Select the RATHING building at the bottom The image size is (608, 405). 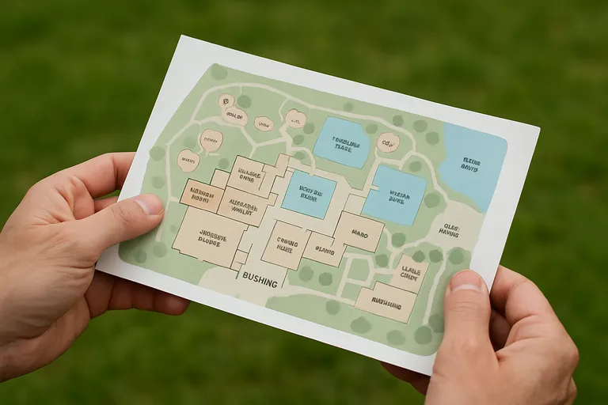pyautogui.click(x=386, y=304)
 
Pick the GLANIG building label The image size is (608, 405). pyautogui.click(x=325, y=250)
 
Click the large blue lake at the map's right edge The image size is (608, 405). pyautogui.click(x=473, y=162)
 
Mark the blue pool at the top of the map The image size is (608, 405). pyautogui.click(x=342, y=143)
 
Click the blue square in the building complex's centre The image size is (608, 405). pyautogui.click(x=308, y=194)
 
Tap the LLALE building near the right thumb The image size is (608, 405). pyautogui.click(x=410, y=274)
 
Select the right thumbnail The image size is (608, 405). pyautogui.click(x=467, y=282)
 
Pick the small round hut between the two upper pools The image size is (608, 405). pyautogui.click(x=387, y=143)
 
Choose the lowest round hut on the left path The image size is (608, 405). pyautogui.click(x=188, y=161)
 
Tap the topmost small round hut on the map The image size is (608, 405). pyautogui.click(x=226, y=101)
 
